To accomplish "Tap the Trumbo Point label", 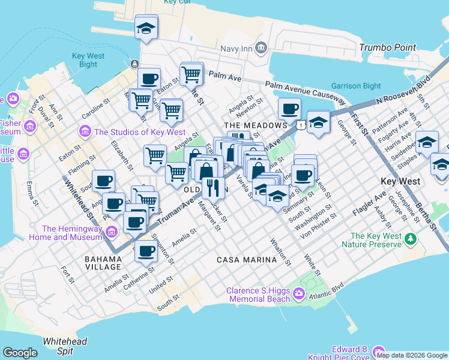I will (x=387, y=47).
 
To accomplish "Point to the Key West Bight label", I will (x=88, y=60).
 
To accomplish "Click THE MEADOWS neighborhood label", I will (x=256, y=125).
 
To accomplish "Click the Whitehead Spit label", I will (x=65, y=346).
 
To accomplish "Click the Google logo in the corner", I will (x=20, y=352).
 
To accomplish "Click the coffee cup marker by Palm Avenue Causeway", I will (x=289, y=109).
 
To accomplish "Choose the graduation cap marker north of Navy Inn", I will (x=146, y=28).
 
